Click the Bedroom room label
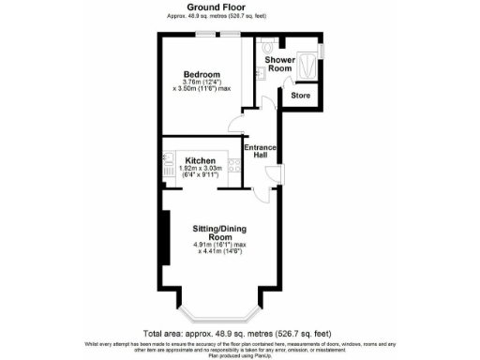point(202,74)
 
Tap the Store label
point(301,96)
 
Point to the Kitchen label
point(202,160)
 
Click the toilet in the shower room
point(269,44)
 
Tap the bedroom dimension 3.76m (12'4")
point(196,82)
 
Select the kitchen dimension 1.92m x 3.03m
point(202,169)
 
